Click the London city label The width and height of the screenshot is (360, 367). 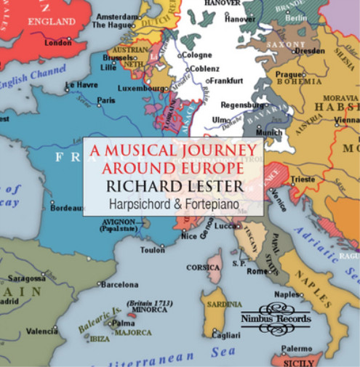click(57, 43)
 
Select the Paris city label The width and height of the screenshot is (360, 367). click(106, 100)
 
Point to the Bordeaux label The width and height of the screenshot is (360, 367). click(68, 208)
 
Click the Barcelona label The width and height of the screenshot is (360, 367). click(119, 284)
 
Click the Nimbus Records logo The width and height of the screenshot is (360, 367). click(276, 315)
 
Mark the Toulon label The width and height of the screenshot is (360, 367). click(153, 250)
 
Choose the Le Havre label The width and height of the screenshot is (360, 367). click(81, 86)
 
